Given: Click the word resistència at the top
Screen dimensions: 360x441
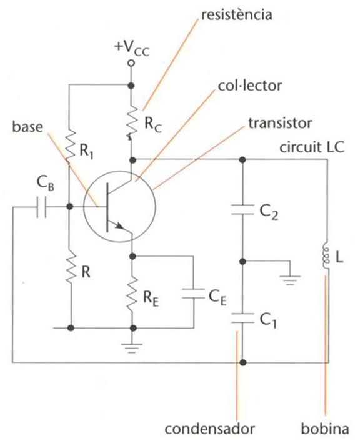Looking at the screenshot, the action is [x=237, y=15].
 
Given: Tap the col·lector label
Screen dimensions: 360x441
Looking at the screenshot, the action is [x=250, y=86].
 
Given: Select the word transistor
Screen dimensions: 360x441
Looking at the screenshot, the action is [x=280, y=123].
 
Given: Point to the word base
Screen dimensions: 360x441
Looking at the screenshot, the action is [x=27, y=127].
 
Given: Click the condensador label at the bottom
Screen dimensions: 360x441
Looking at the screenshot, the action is [x=210, y=429].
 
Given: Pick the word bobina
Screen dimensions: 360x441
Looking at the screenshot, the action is [x=325, y=429].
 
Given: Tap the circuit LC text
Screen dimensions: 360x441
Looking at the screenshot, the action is [x=312, y=147].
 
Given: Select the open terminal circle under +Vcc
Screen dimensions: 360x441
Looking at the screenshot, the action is [x=131, y=63].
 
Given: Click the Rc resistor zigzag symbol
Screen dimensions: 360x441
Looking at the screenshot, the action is [x=132, y=122].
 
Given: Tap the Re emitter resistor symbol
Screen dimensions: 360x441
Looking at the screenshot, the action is [x=132, y=294].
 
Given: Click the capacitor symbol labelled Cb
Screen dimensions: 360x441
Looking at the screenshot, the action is [x=42, y=207].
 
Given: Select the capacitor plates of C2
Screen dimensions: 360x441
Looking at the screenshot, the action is [x=242, y=210].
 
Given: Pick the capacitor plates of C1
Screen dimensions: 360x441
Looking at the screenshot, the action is [x=242, y=318].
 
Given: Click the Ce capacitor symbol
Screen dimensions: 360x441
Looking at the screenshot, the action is [x=194, y=294].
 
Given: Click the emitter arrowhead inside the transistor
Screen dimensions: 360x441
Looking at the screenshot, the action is [x=120, y=225].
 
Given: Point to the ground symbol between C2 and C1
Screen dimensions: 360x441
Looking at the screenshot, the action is [x=290, y=280].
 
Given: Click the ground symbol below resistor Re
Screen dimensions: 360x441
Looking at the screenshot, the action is [x=132, y=348].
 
